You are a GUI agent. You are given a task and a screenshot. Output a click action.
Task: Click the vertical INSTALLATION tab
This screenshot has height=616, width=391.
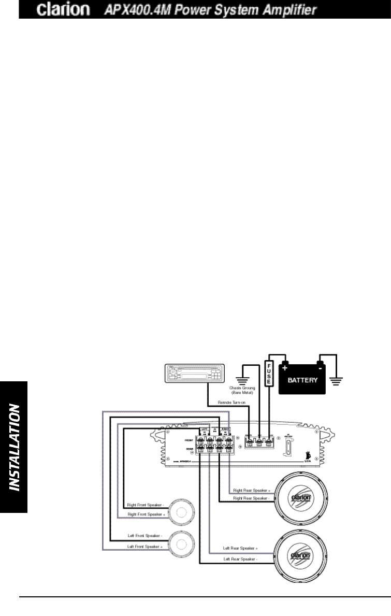coord(15,447)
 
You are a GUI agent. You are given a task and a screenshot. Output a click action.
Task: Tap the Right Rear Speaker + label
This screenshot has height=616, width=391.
coord(252,490)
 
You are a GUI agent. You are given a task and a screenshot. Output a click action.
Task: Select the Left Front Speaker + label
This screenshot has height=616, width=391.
coord(145,547)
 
